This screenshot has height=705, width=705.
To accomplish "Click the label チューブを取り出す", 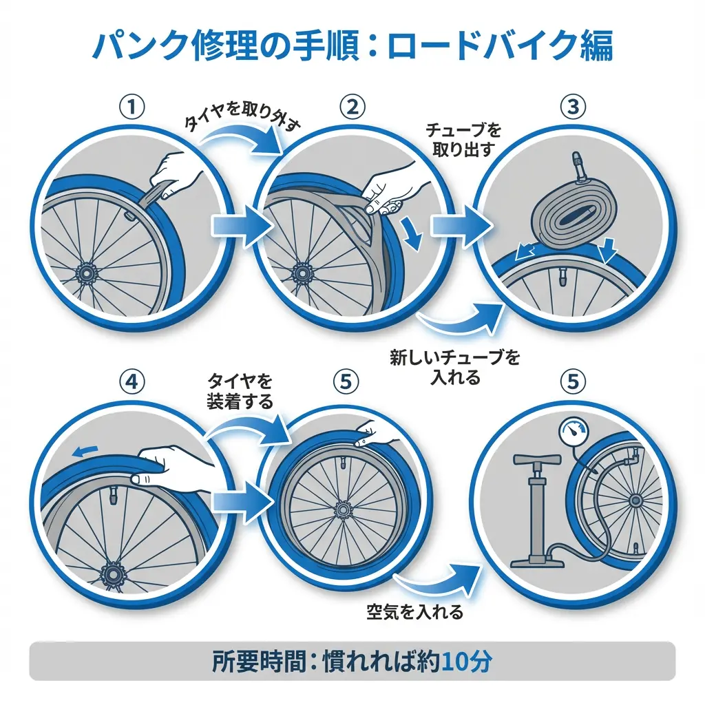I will (x=463, y=140).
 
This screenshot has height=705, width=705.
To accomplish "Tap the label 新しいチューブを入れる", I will (x=455, y=367).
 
